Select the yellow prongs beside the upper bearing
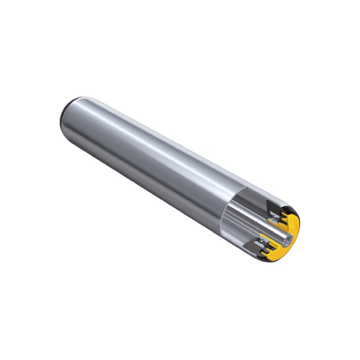click(283, 218)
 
